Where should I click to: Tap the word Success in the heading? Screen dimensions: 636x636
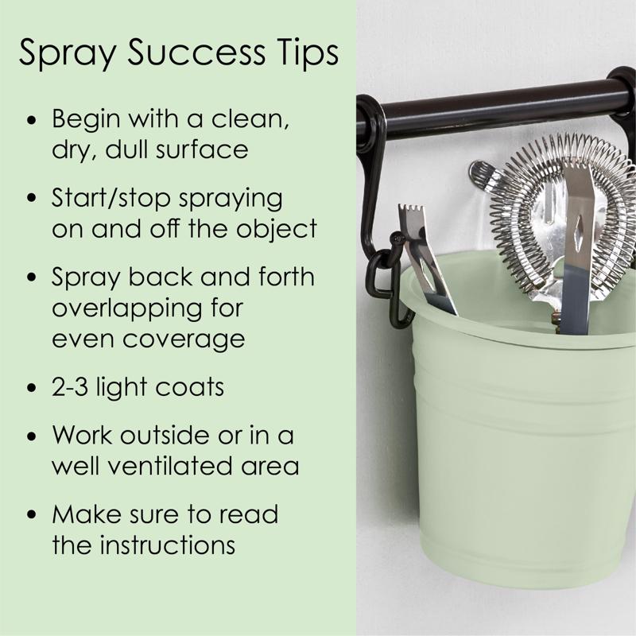click(x=196, y=52)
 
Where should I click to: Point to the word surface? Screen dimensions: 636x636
click(x=202, y=149)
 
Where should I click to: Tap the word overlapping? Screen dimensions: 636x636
click(x=127, y=309)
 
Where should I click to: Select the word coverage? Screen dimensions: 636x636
click(x=184, y=340)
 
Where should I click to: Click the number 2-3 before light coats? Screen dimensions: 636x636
click(x=70, y=387)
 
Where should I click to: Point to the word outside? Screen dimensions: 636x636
click(x=165, y=435)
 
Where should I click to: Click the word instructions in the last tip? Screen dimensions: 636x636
click(x=168, y=545)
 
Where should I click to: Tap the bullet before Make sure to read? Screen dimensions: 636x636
click(x=32, y=514)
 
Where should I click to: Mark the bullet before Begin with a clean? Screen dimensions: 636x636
click(x=32, y=121)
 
